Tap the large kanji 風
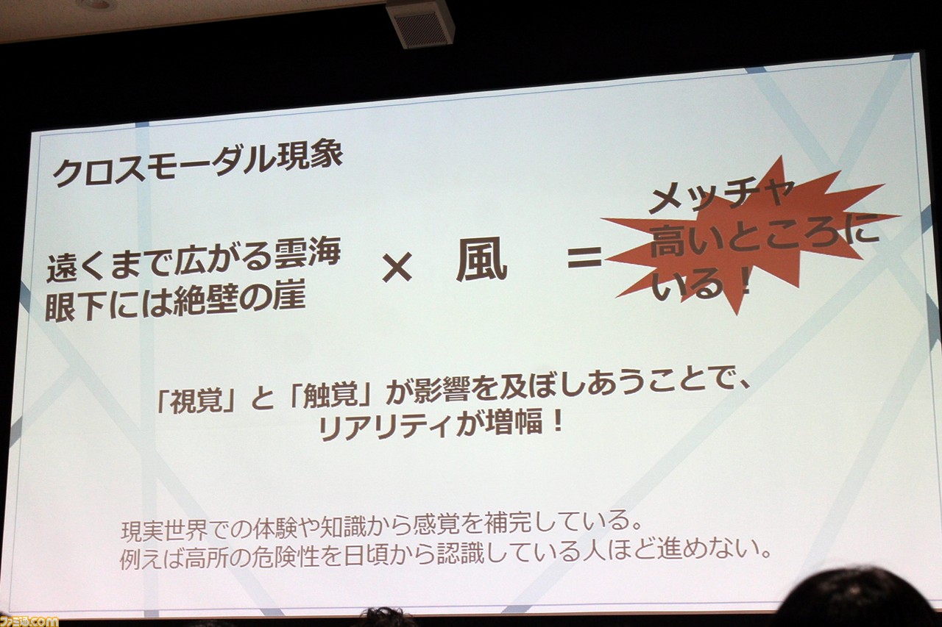point(481,262)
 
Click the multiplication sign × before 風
point(397,270)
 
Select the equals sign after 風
point(584,257)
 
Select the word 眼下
point(77,307)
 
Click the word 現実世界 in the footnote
point(164,531)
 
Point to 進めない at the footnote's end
point(710,549)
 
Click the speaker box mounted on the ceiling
point(419,25)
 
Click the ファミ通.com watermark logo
point(29,620)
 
